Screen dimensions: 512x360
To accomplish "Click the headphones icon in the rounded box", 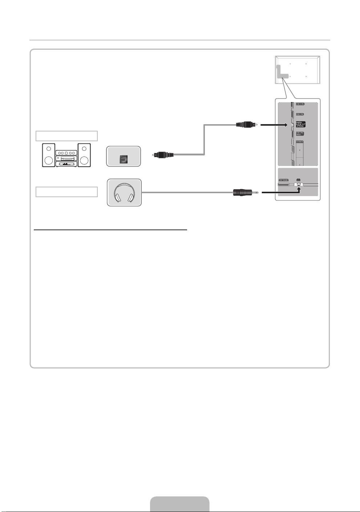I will point(124,193).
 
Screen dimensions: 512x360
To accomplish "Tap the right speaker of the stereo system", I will point(84,156).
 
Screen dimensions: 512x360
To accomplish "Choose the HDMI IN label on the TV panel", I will point(300,142).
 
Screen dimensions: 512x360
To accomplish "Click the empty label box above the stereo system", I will point(66,136).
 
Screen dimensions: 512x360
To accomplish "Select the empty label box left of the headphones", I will point(66,192).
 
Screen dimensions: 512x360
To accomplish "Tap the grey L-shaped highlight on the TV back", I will point(282,72).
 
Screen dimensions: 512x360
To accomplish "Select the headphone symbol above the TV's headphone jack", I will point(298,179).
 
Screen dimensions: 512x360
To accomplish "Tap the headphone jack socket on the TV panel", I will point(298,184).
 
